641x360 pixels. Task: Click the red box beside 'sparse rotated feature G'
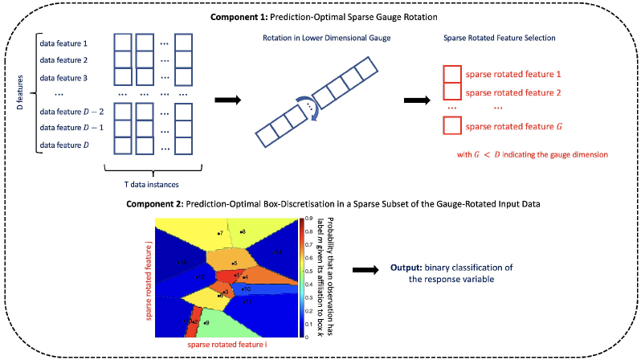[452, 126]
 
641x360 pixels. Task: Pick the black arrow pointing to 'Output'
[365, 273]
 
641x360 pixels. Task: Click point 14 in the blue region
[276, 252]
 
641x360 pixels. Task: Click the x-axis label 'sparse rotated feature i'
[227, 345]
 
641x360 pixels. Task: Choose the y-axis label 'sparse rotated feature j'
[150, 276]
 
